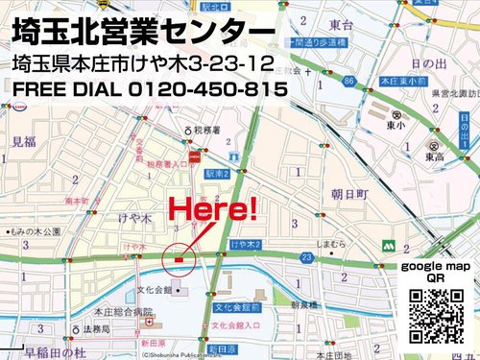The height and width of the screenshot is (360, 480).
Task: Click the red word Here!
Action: click(213, 208)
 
